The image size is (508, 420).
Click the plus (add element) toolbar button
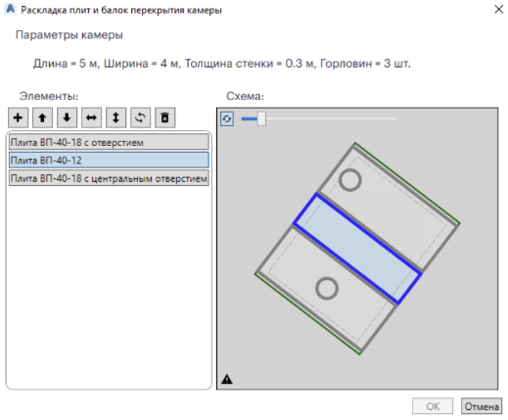[x=18, y=117]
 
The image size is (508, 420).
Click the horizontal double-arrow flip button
[x=91, y=117]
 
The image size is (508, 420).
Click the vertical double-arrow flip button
[x=115, y=117]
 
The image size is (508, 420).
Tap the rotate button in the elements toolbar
[x=140, y=117]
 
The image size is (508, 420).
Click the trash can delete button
[x=164, y=117]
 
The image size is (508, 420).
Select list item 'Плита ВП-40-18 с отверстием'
[x=109, y=142]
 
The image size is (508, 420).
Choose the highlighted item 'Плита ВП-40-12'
[x=109, y=161]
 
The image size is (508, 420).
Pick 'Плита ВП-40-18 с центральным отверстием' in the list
[x=109, y=178]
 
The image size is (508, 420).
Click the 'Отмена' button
[x=482, y=406]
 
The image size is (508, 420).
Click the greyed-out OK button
[x=433, y=406]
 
